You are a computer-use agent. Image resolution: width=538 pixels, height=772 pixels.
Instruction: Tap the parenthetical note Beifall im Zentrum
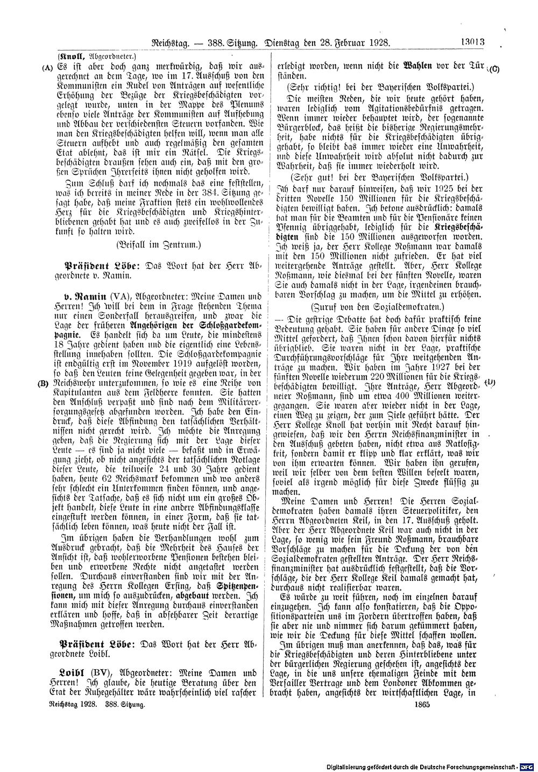pos(157,245)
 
